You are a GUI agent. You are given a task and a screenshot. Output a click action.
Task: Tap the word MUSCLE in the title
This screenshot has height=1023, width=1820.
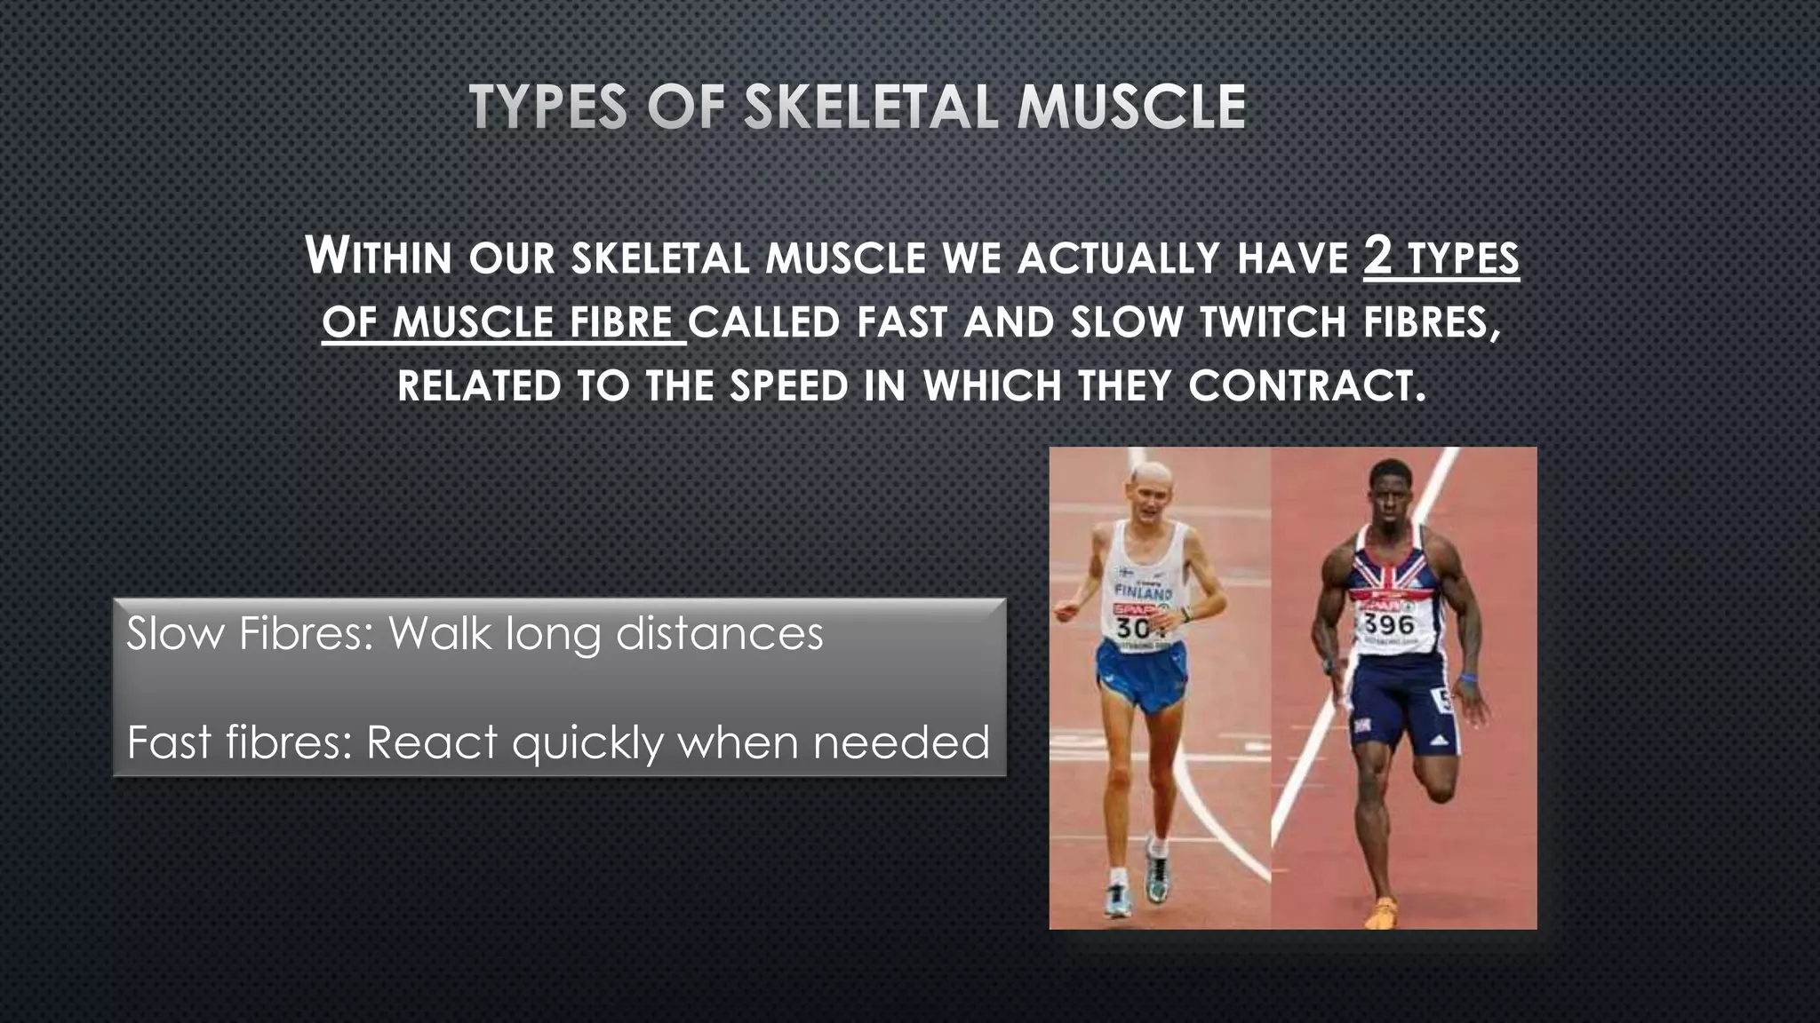point(1131,107)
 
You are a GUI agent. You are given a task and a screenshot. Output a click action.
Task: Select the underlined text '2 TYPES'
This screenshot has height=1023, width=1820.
point(1441,257)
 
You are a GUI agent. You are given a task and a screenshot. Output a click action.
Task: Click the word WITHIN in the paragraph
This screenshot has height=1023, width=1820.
point(379,257)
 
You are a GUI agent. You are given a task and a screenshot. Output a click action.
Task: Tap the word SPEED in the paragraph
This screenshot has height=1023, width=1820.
point(789,386)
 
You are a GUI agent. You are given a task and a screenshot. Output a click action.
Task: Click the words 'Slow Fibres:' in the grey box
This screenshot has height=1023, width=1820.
point(250,634)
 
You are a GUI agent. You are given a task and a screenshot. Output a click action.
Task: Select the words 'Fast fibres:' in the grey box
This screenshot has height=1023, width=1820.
point(240,742)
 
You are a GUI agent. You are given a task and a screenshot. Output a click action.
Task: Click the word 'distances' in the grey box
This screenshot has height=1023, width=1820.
point(719,634)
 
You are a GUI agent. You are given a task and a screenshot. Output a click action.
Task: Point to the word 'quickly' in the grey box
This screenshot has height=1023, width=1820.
point(587,742)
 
